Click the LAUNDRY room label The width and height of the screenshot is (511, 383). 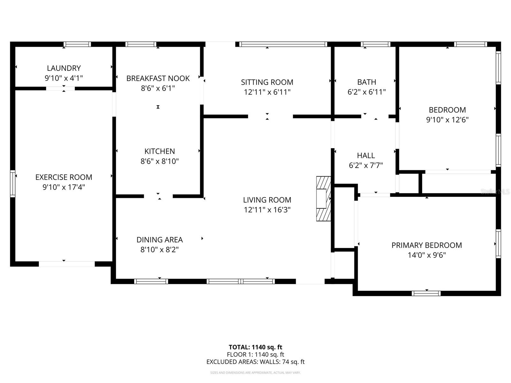(x=64, y=68)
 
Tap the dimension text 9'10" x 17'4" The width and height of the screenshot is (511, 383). (x=64, y=187)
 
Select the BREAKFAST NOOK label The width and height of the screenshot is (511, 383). (x=158, y=78)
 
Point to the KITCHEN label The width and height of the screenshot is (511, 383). (x=159, y=151)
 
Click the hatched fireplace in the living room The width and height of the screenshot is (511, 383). (x=323, y=199)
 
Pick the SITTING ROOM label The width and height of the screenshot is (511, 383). (x=267, y=82)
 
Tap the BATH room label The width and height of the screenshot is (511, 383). (x=366, y=82)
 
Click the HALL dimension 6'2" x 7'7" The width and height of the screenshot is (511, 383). (x=366, y=165)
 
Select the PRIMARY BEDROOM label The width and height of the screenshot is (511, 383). (x=427, y=245)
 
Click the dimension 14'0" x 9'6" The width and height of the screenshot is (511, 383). (x=427, y=255)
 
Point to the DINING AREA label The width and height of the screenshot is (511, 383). (x=159, y=240)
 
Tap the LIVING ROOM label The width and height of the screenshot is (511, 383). (x=267, y=200)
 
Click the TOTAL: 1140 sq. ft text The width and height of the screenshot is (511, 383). (x=255, y=347)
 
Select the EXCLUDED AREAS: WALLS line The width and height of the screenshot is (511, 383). (x=255, y=362)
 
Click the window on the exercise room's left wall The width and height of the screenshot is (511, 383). (x=13, y=183)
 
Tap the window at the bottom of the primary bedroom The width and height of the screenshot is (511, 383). (x=426, y=293)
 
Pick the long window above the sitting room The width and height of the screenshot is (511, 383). (x=283, y=44)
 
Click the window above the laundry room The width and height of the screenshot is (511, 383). (x=77, y=44)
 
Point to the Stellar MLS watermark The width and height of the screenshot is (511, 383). (x=495, y=191)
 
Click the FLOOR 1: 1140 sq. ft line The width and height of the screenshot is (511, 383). (x=255, y=354)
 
